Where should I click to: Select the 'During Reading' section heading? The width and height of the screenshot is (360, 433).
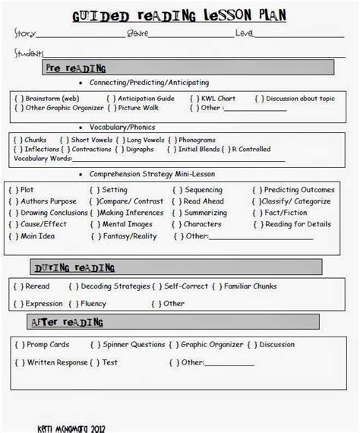click(x=74, y=267)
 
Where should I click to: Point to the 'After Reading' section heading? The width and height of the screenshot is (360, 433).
click(x=68, y=323)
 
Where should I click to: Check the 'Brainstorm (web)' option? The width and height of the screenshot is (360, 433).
click(x=46, y=99)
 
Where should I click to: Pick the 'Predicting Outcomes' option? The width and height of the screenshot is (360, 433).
click(x=293, y=190)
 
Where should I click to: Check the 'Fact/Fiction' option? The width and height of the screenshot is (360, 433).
click(x=286, y=213)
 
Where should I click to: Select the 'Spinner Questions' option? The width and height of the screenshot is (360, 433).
click(x=126, y=345)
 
